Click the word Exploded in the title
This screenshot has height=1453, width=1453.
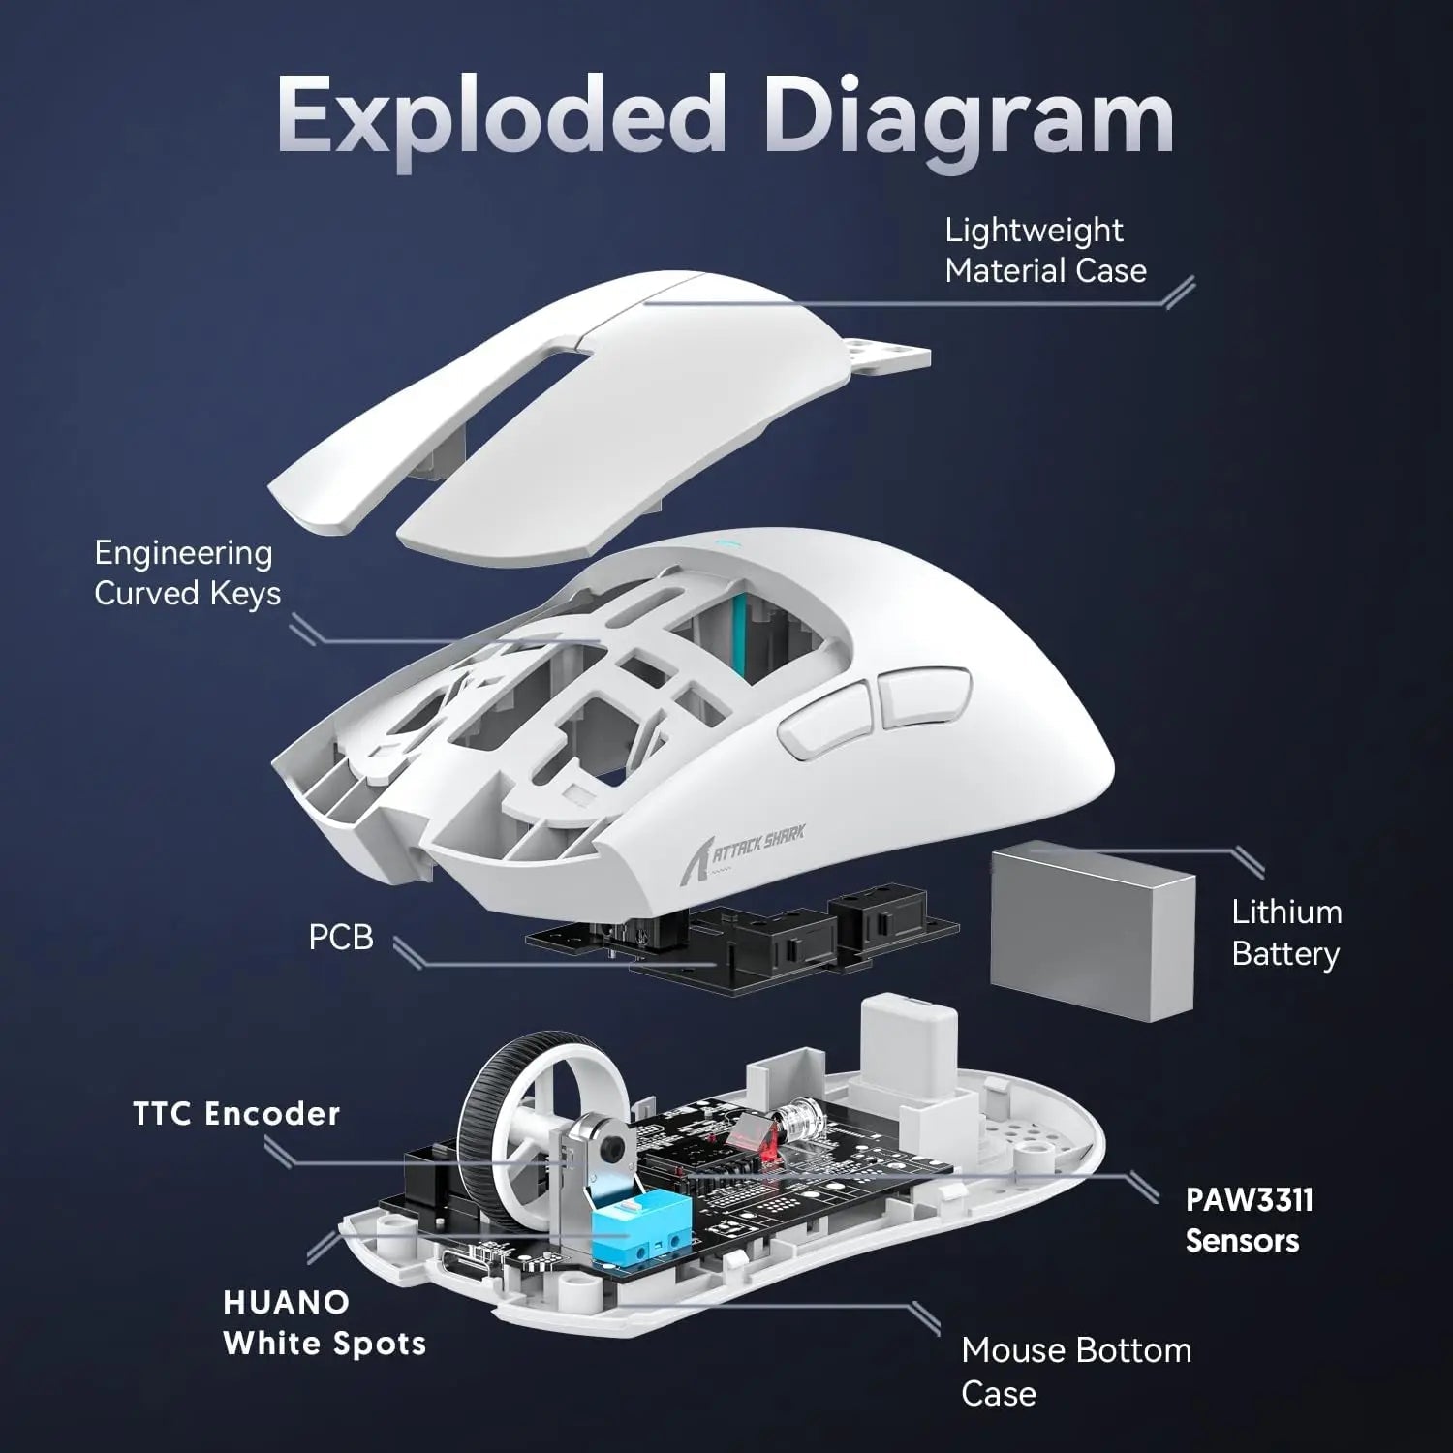(499, 116)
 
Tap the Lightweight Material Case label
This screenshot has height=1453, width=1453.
(1044, 251)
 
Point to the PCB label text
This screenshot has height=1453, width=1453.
(340, 938)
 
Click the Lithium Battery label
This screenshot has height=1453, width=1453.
(1285, 933)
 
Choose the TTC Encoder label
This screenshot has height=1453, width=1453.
(236, 1114)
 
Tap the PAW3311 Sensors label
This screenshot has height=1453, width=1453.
(1249, 1221)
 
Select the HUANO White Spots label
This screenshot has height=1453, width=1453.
(324, 1323)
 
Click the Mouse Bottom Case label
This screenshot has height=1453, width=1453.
(1075, 1372)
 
